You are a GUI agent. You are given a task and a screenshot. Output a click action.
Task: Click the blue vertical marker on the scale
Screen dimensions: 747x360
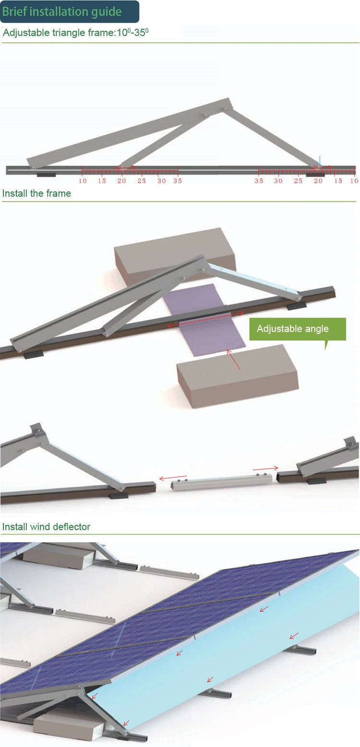click(x=320, y=161)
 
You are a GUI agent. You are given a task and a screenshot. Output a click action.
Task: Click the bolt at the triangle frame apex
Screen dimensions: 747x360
click(x=224, y=109)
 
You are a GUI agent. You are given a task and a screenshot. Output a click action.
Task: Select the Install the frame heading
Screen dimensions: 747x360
click(x=36, y=193)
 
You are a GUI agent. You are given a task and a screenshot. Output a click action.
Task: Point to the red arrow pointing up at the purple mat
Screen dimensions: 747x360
click(x=234, y=360)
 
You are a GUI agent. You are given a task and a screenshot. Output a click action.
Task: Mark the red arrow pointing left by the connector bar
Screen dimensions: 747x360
click(x=171, y=477)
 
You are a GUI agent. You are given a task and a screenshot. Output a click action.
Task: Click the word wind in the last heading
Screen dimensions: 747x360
click(x=41, y=527)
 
